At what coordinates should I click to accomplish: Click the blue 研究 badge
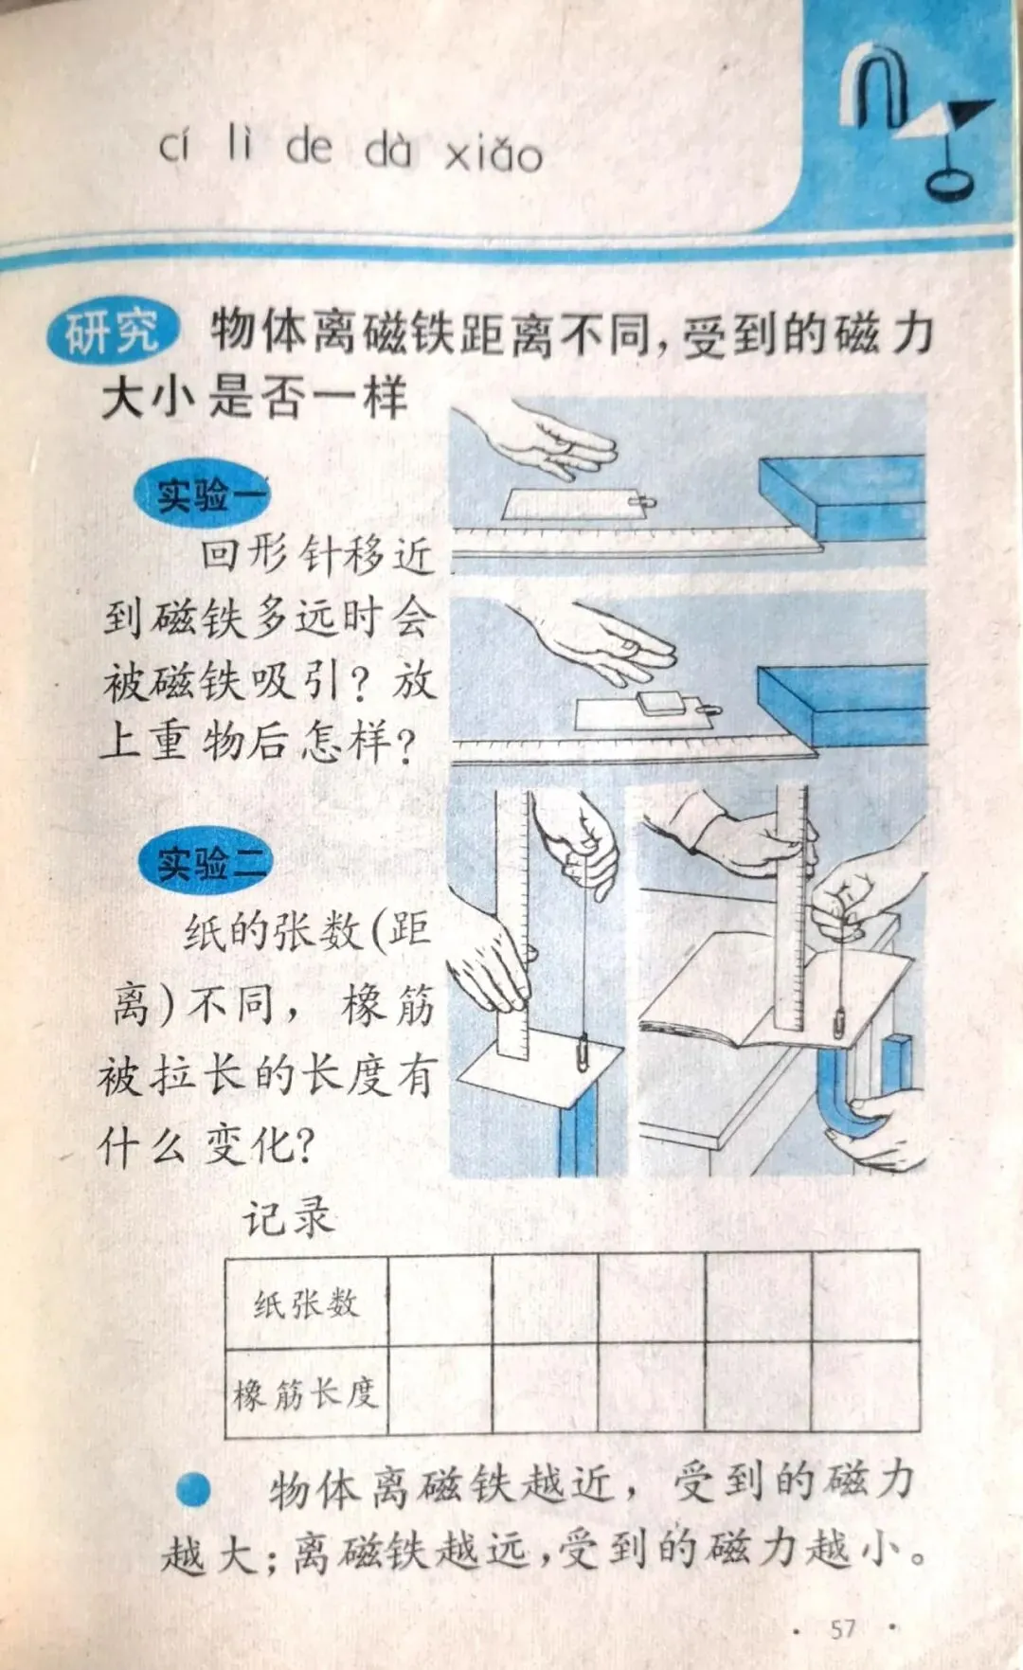click(112, 332)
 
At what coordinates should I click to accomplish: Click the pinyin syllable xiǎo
click(494, 153)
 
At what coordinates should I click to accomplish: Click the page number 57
click(844, 1629)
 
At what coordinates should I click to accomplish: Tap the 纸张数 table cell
click(307, 1303)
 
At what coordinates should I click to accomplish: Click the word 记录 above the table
click(288, 1217)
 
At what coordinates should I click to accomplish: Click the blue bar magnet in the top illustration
click(842, 496)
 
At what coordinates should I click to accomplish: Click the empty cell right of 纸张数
click(440, 1302)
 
